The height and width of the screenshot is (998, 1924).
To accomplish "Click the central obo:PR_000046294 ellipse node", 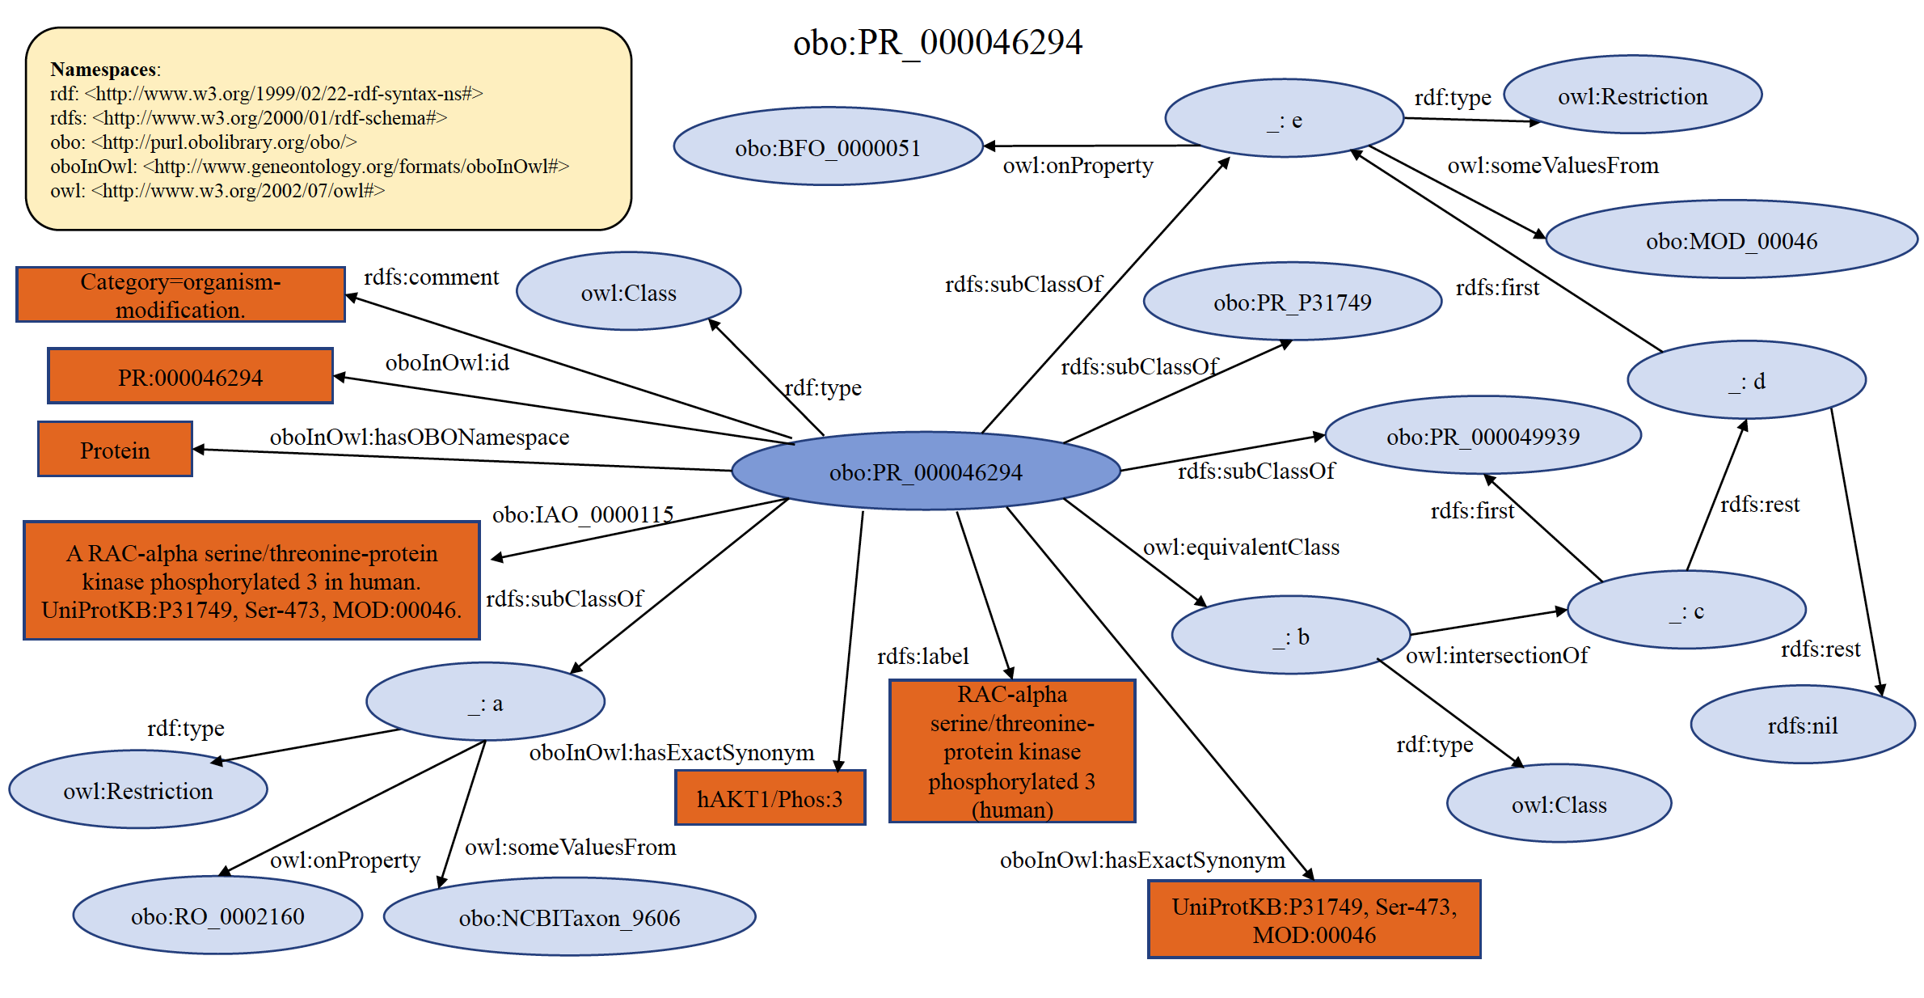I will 926,472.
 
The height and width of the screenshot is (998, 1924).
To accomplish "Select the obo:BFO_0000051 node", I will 828,147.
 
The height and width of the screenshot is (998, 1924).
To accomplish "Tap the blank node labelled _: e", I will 1284,120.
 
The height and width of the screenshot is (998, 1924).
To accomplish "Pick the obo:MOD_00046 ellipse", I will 1731,240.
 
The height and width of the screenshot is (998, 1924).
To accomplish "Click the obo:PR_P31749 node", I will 1292,302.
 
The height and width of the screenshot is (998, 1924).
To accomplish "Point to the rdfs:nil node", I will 1802,725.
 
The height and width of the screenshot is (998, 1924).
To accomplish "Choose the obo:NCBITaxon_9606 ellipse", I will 569,917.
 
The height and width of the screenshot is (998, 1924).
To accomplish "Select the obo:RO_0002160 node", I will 217,916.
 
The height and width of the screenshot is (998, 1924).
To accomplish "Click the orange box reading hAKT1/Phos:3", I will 770,798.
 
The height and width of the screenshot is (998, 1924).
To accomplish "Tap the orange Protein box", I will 115,450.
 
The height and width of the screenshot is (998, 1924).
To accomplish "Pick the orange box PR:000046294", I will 190,377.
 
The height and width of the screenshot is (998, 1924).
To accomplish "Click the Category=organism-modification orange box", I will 180,295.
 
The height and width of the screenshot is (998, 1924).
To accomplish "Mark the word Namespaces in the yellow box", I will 103,70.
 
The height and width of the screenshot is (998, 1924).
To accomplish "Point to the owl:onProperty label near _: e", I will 1078,166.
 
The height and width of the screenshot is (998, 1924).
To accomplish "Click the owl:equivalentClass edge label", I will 1241,548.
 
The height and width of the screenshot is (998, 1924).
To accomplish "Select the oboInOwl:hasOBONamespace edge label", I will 419,438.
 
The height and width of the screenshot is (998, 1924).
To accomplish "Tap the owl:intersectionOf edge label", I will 1496,655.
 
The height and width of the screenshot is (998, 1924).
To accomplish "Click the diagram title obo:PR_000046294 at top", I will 937,42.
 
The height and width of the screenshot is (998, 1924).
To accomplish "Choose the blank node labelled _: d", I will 1746,380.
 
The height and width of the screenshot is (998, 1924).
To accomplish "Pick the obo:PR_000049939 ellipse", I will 1483,436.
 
